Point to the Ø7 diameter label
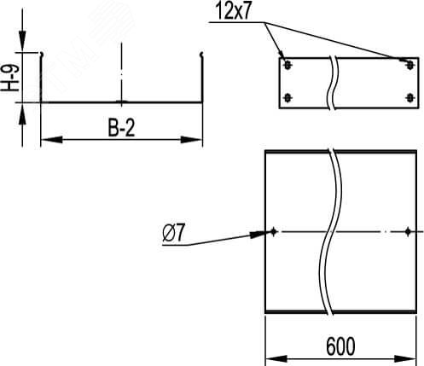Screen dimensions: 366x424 [x=168, y=231]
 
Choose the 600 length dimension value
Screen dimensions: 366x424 [x=341, y=346]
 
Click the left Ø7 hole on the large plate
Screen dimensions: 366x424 [x=274, y=231]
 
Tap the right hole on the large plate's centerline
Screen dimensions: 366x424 [x=409, y=231]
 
